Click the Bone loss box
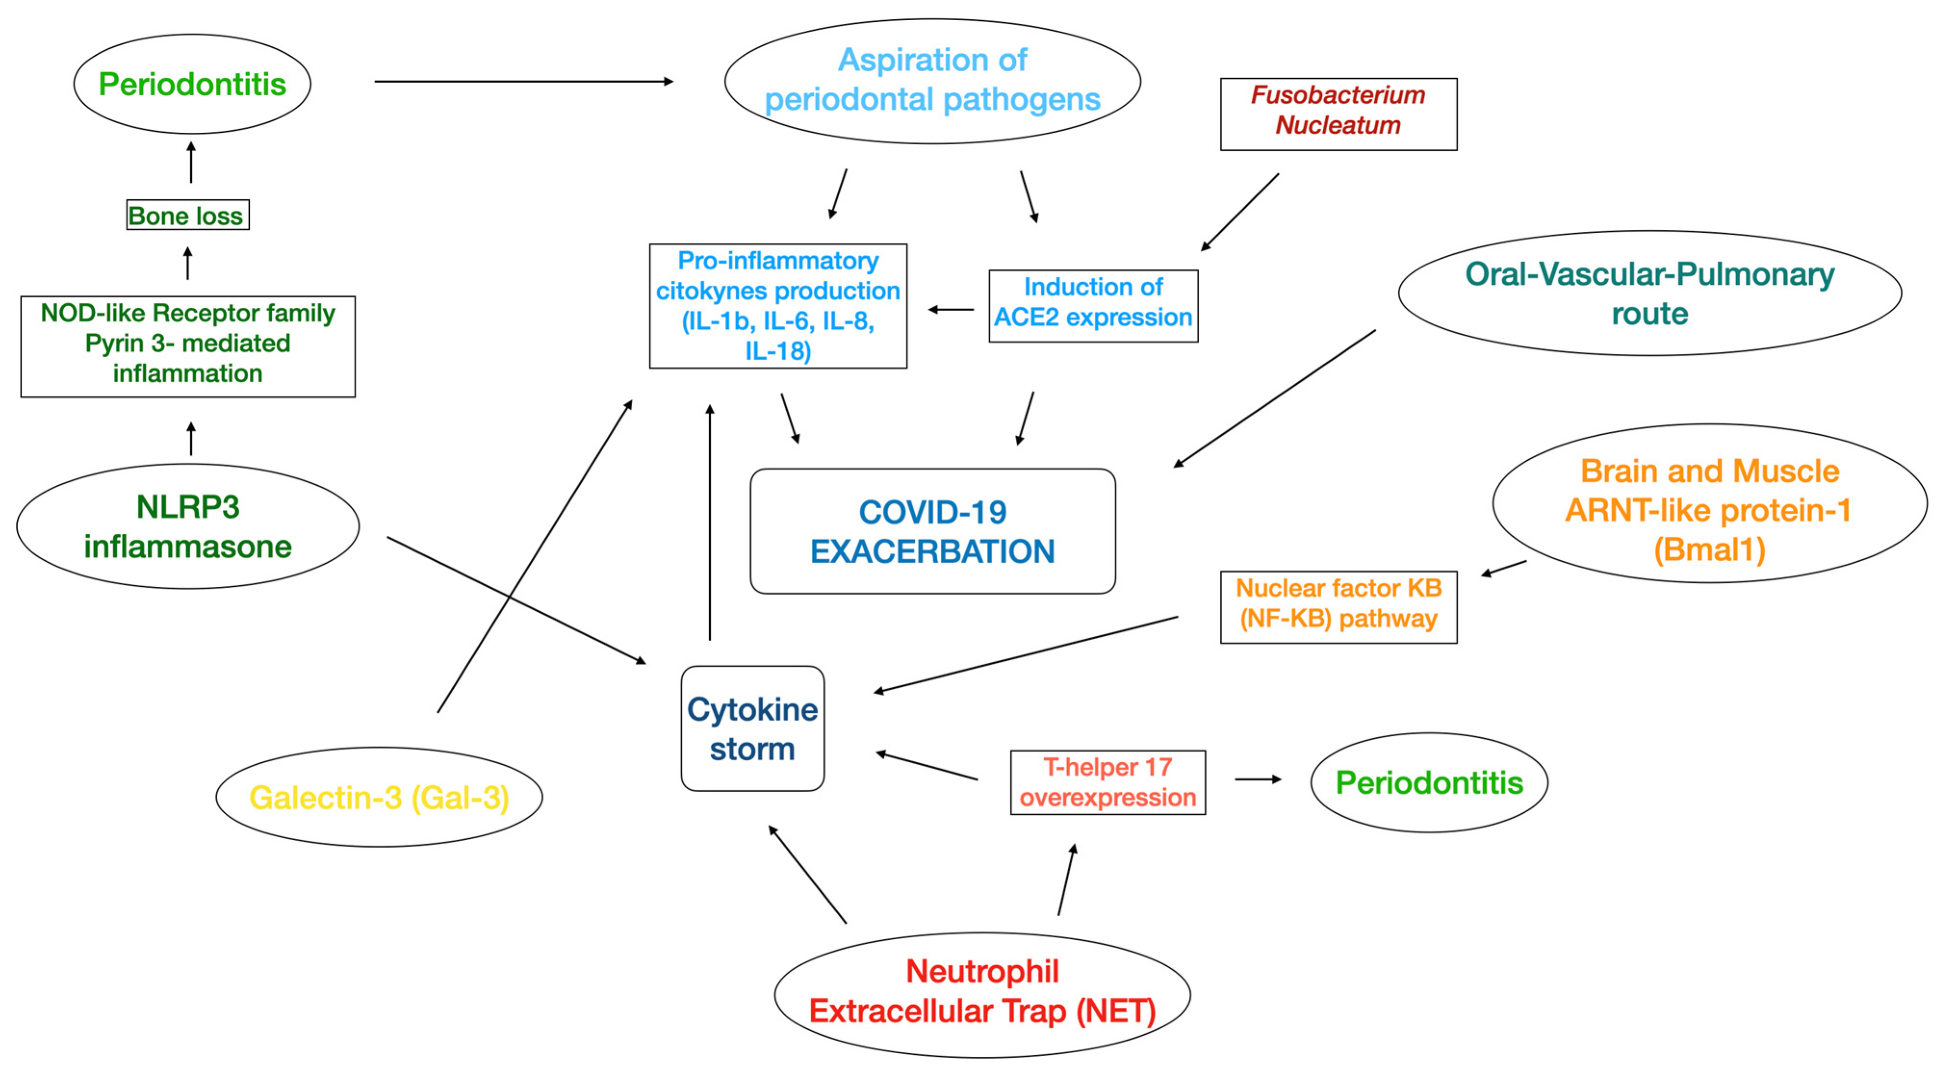point(187,215)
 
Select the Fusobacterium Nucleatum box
point(1338,114)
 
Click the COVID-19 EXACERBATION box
point(932,531)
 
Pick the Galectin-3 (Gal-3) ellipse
point(379,797)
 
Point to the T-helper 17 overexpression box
point(1107,782)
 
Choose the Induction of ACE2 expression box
point(1093,305)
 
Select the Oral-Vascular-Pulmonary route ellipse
point(1649,293)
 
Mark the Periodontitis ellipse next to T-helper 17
point(1429,782)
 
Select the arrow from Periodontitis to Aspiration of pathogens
point(523,81)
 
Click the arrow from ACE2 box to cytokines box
point(950,309)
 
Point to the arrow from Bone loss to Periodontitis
point(191,162)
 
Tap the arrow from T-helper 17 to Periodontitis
point(1257,779)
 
